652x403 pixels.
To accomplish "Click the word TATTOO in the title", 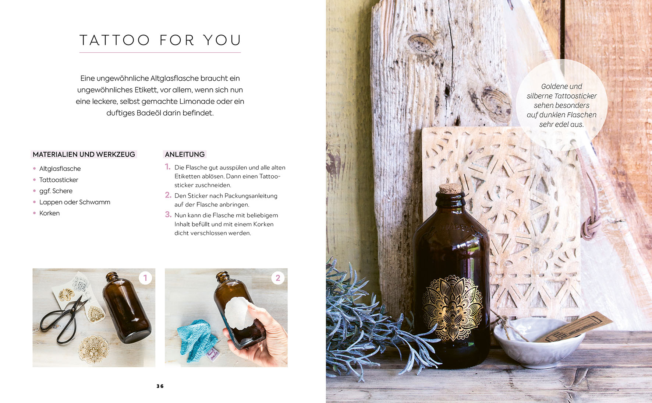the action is (x=114, y=40).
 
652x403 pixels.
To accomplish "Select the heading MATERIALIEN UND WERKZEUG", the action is (x=84, y=154).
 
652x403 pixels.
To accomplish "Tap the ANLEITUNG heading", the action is (x=185, y=154).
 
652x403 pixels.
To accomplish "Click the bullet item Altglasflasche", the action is (x=60, y=169).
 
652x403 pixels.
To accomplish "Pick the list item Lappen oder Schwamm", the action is (x=75, y=202).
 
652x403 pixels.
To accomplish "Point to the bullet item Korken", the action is (x=49, y=213).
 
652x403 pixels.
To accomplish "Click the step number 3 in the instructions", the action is (x=168, y=214).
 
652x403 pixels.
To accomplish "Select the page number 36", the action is (x=160, y=386).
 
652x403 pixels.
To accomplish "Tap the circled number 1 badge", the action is (x=145, y=278).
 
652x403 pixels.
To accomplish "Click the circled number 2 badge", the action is (x=278, y=278).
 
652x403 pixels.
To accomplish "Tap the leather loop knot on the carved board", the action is (x=590, y=227).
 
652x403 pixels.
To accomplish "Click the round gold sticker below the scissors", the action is (x=93, y=348).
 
